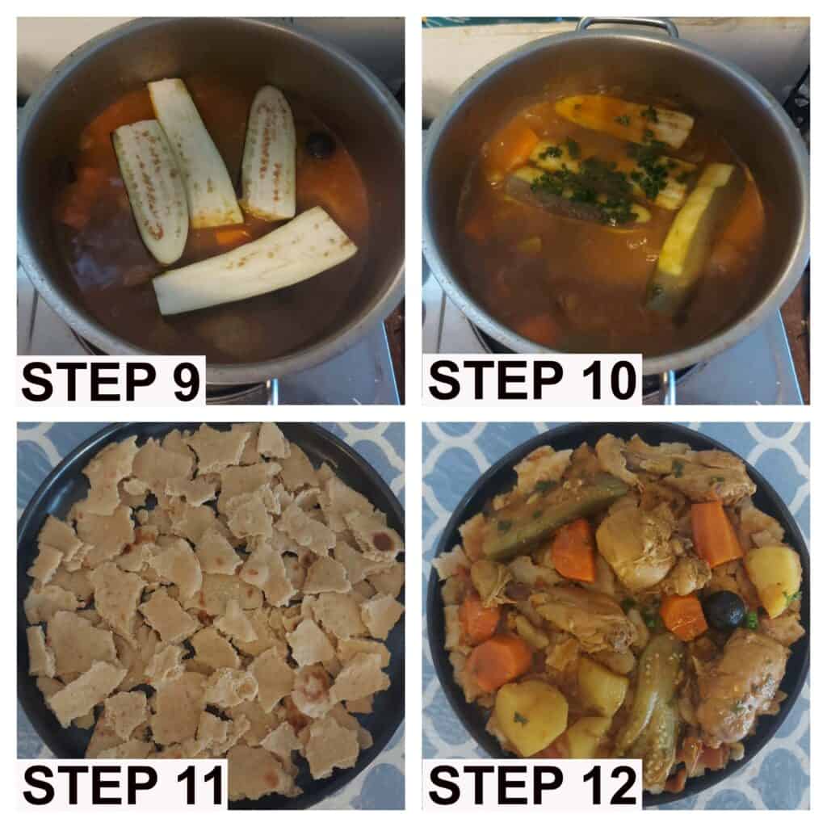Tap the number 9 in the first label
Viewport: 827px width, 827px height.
[185, 382]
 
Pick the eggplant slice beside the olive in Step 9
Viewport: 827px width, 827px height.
[269, 153]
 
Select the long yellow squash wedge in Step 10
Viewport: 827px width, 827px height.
[688, 229]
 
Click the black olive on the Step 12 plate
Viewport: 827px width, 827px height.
[724, 611]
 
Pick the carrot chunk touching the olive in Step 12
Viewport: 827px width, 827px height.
[684, 616]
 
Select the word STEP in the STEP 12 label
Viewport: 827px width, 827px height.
[496, 785]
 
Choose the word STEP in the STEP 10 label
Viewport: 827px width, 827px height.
[495, 380]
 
